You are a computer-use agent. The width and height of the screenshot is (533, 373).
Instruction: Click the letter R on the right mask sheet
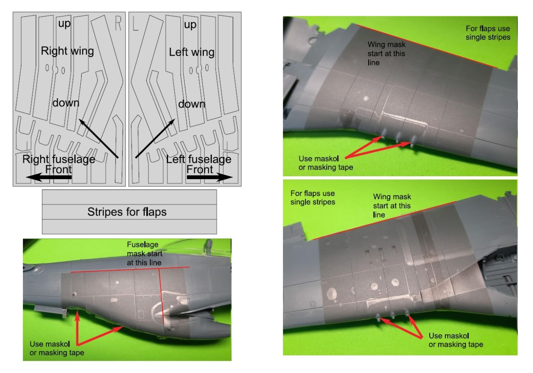click(x=118, y=23)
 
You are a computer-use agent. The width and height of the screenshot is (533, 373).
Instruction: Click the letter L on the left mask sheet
click(x=135, y=23)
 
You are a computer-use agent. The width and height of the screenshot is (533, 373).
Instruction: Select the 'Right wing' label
click(x=67, y=51)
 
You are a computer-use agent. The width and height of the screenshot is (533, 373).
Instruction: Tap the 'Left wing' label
click(x=192, y=52)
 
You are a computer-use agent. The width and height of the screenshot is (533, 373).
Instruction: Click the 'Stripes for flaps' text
click(x=127, y=212)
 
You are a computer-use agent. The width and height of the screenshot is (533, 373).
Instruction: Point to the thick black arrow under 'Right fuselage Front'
click(x=48, y=177)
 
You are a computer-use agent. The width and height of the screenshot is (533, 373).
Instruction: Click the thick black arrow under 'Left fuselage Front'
click(x=210, y=177)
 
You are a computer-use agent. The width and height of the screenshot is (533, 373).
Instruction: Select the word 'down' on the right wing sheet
click(x=66, y=103)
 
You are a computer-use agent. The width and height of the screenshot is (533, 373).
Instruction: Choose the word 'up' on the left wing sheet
click(x=190, y=25)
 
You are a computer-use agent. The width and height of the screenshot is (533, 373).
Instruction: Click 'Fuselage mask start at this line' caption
click(x=144, y=254)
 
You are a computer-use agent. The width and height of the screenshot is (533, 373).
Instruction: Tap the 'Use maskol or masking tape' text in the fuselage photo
click(x=57, y=348)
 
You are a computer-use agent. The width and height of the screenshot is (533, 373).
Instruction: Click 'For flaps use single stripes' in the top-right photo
click(x=488, y=33)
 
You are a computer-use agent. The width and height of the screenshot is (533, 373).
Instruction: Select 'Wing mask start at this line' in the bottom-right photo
click(x=392, y=205)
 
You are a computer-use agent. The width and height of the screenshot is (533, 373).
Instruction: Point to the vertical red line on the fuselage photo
click(x=162, y=296)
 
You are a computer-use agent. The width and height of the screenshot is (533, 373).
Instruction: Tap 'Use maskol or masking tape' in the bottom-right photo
click(x=456, y=340)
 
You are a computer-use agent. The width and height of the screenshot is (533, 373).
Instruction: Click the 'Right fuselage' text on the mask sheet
click(x=59, y=159)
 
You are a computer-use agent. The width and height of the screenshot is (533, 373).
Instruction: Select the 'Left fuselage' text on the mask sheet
click(x=199, y=159)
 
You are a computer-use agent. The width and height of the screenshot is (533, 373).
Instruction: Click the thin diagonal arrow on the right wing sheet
click(x=99, y=139)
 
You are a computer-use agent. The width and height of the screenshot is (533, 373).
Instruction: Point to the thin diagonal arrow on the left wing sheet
click(x=155, y=139)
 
